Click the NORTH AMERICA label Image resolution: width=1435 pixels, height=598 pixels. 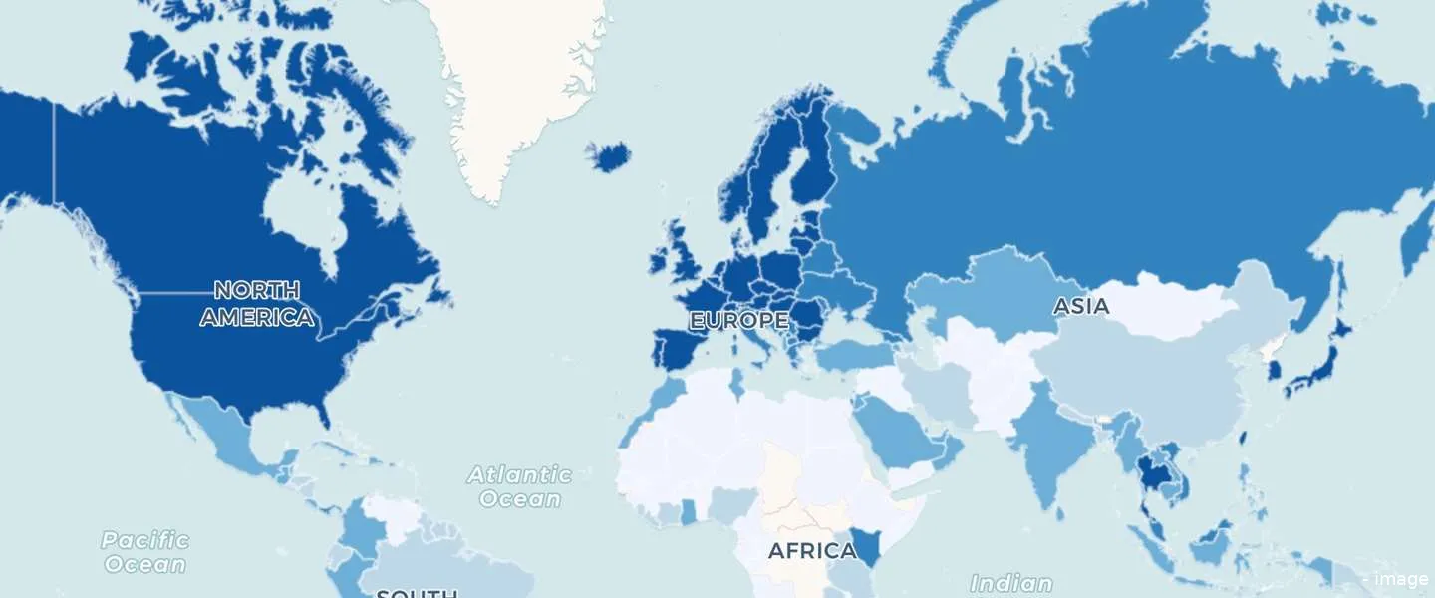[257, 304]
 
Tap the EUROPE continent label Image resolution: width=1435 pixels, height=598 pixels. [739, 321]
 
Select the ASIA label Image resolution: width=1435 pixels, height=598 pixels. [1081, 306]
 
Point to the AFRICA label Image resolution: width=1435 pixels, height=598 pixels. [812, 550]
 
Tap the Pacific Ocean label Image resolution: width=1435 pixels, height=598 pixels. [144, 552]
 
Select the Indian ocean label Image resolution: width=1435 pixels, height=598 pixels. [1010, 583]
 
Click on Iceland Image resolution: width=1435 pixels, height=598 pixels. [608, 155]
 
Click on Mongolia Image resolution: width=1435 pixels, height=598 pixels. [1166, 304]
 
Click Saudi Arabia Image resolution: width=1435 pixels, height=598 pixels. [897, 429]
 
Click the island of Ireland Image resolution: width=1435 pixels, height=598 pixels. [660, 262]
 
